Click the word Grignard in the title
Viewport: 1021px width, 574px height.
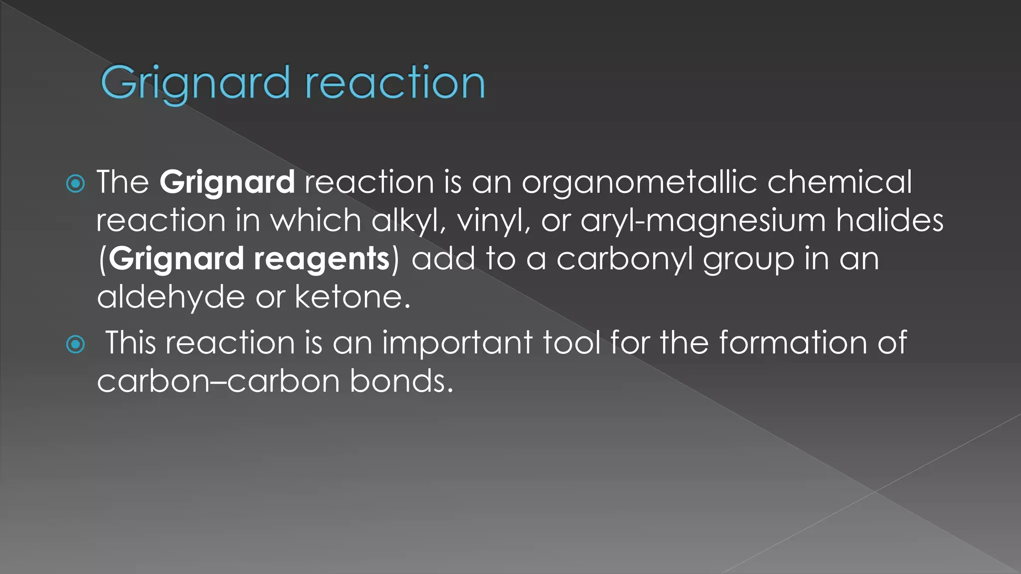(x=195, y=84)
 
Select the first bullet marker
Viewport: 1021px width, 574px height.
(x=76, y=184)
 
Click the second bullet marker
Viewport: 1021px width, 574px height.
(x=76, y=344)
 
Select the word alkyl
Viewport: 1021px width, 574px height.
(x=408, y=221)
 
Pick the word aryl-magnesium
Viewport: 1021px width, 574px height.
(x=703, y=221)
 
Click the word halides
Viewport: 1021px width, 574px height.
(x=890, y=221)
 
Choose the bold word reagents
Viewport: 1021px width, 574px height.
(x=322, y=259)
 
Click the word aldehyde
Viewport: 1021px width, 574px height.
(x=171, y=297)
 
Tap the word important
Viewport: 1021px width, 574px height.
(x=457, y=343)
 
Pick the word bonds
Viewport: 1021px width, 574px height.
(x=401, y=382)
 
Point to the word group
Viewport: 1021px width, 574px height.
(x=748, y=259)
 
